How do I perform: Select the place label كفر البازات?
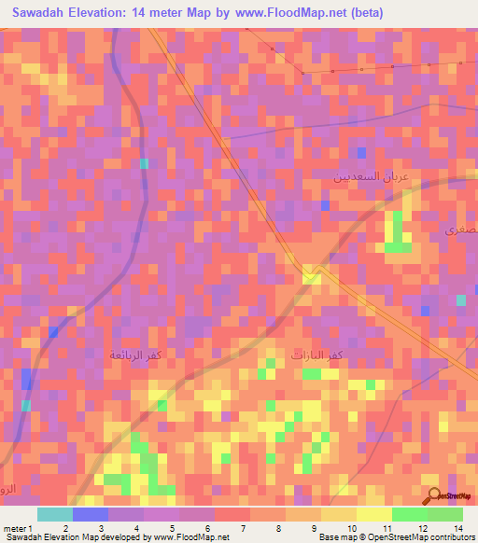[x=316, y=355]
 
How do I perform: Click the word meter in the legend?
[x=13, y=527]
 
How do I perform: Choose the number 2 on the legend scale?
[x=64, y=527]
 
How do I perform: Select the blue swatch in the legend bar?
[x=90, y=514]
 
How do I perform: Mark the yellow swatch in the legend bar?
[x=373, y=514]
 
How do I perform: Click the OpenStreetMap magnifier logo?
[x=435, y=494]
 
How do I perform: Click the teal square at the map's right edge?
[x=461, y=300]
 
